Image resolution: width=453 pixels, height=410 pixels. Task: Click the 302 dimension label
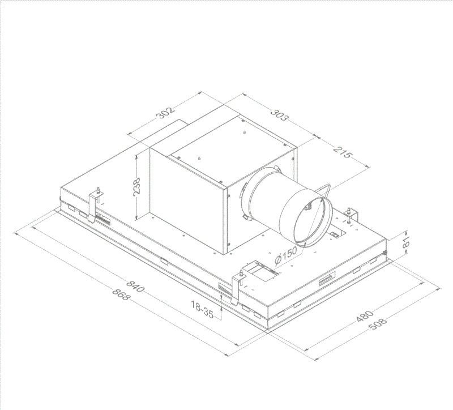165,112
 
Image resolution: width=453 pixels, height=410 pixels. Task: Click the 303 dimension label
279,114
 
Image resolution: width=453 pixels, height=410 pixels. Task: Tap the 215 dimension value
343,152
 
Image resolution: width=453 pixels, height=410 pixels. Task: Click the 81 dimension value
405,242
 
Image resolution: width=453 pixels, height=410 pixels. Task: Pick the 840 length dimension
135,284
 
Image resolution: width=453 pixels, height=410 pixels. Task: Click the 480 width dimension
365,316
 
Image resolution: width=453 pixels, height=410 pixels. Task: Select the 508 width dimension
378,324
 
